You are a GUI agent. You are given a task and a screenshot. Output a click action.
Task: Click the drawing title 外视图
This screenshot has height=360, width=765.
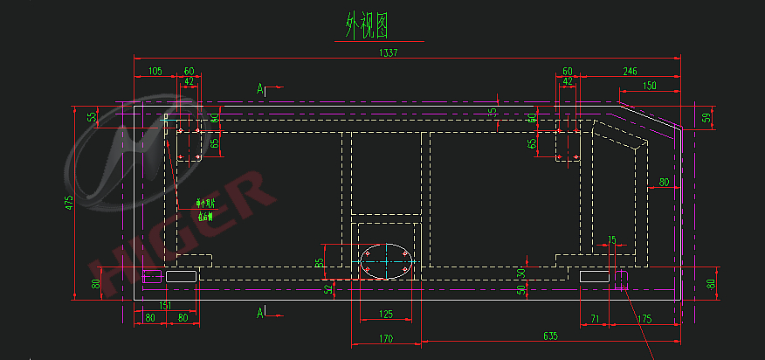366,25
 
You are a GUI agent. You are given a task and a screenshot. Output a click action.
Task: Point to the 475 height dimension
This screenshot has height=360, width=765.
69,203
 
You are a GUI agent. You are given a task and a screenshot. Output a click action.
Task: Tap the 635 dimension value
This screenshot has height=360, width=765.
550,335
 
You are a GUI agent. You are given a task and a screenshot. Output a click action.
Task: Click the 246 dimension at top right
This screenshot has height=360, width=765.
629,71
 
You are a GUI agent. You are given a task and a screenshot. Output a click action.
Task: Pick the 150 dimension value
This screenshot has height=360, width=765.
649,86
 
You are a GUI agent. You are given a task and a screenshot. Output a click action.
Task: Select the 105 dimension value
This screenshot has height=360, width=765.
155,71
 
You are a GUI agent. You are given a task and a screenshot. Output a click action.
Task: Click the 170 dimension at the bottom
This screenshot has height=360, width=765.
385,338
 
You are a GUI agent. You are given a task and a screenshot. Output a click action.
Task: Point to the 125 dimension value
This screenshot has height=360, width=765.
385,315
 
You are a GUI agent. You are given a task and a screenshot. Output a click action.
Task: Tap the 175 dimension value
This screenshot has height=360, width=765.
645,319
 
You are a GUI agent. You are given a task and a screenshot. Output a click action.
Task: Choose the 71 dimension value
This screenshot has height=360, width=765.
595,319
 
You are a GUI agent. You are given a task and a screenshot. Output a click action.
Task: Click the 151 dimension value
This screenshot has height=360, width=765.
164,305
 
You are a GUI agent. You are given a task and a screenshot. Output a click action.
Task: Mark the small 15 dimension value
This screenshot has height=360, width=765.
611,239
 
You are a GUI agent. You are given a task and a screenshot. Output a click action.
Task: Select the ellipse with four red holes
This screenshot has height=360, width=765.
386,260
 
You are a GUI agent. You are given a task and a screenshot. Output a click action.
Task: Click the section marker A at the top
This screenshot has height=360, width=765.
261,88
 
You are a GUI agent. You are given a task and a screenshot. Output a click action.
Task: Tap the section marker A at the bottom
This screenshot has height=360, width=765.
261,311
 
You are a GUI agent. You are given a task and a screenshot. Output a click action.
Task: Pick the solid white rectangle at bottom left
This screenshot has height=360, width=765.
181,276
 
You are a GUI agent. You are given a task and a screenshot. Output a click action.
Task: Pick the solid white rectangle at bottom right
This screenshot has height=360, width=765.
594,276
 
